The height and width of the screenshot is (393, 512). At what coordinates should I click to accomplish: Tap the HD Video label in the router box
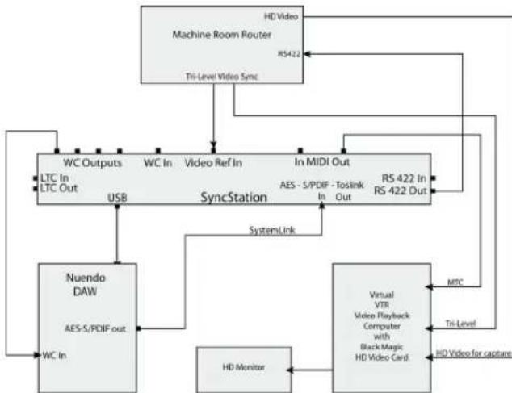click(x=279, y=15)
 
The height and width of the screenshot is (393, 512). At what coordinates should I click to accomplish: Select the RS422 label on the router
click(x=284, y=54)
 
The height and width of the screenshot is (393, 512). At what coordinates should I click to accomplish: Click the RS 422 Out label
click(x=404, y=191)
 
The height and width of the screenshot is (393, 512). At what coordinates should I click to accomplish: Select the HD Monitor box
click(x=240, y=368)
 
